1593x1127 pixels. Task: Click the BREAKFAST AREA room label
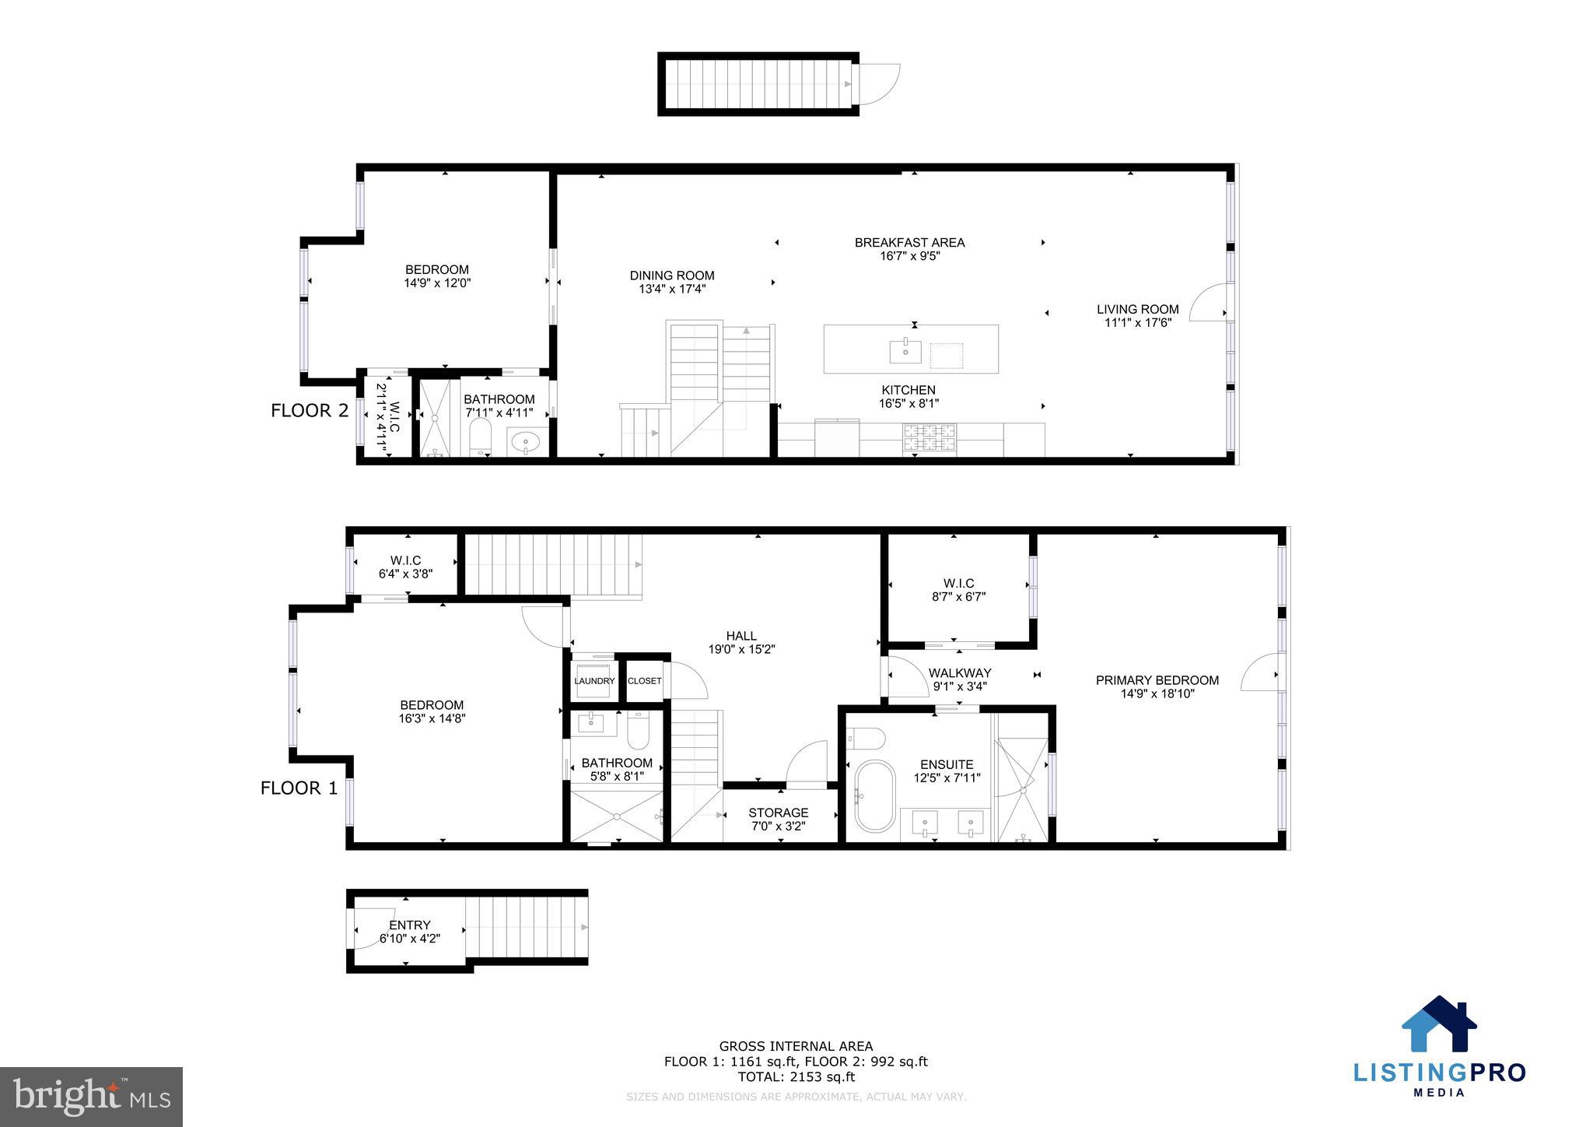click(909, 243)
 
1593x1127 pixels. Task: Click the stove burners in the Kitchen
click(929, 437)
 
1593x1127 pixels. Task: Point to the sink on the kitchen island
click(905, 352)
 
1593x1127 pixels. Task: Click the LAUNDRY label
click(594, 681)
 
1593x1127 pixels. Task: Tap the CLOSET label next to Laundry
click(644, 681)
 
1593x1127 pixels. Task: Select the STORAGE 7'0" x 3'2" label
click(779, 820)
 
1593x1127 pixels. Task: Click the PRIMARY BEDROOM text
click(1157, 680)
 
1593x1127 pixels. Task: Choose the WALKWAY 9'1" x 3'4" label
click(960, 679)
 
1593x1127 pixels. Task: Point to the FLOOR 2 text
click(310, 411)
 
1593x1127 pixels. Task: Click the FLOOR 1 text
click(299, 788)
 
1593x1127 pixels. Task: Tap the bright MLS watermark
click(92, 1097)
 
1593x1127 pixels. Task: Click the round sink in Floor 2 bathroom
click(527, 444)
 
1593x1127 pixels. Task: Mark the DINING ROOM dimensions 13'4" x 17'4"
click(672, 289)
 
